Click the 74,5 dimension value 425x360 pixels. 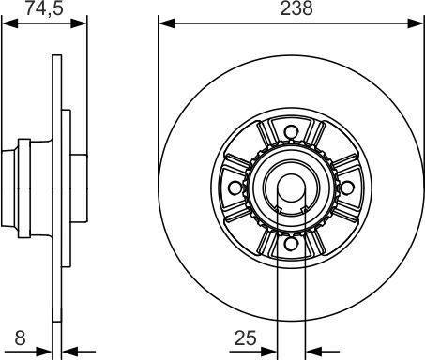tap(44, 8)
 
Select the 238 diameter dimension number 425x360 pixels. tap(296, 8)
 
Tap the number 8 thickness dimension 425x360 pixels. tap(20, 337)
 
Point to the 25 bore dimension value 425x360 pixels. tap(245, 337)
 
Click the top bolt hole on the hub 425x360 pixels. tap(291, 132)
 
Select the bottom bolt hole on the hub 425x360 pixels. tap(291, 244)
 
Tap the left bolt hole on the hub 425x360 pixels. tap(235, 187)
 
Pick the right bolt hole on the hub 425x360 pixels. tap(347, 187)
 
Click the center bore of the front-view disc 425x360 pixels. tap(291, 188)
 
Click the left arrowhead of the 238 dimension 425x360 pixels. tap(167, 23)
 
